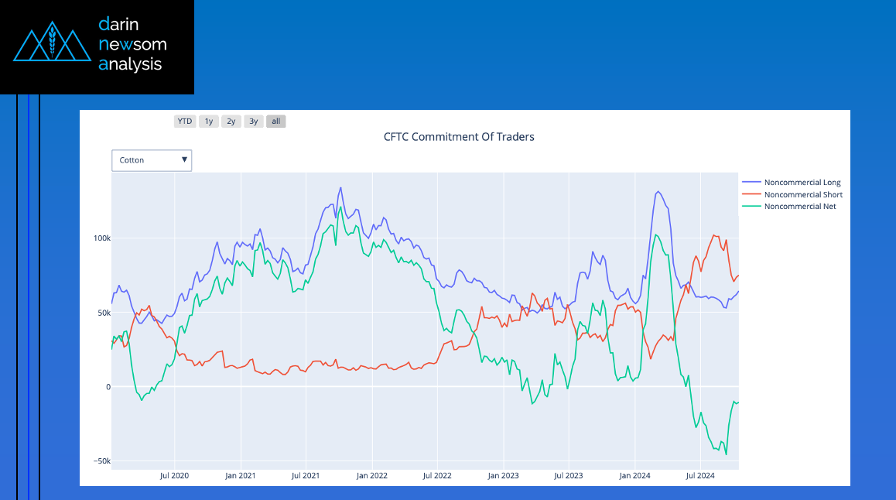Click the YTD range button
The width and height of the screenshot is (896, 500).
tap(185, 122)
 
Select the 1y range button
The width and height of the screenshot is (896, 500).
tap(208, 122)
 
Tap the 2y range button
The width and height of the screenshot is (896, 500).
tap(231, 122)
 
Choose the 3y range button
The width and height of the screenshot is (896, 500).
tap(253, 122)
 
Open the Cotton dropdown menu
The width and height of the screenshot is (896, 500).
tap(152, 160)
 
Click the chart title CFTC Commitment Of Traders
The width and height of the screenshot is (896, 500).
tap(459, 137)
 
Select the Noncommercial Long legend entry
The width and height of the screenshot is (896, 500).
tap(802, 183)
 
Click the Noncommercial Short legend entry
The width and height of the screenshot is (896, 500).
tap(803, 195)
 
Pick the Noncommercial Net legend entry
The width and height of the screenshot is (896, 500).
tap(799, 207)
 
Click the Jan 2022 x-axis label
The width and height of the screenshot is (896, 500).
tap(372, 475)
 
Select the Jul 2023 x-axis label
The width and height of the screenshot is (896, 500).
tap(569, 475)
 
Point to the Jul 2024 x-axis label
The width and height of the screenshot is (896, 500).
tap(700, 475)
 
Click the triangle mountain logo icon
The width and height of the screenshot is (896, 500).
tap(47, 46)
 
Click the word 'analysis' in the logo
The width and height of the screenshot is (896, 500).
tap(130, 64)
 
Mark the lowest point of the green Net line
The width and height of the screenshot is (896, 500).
tap(726, 454)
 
